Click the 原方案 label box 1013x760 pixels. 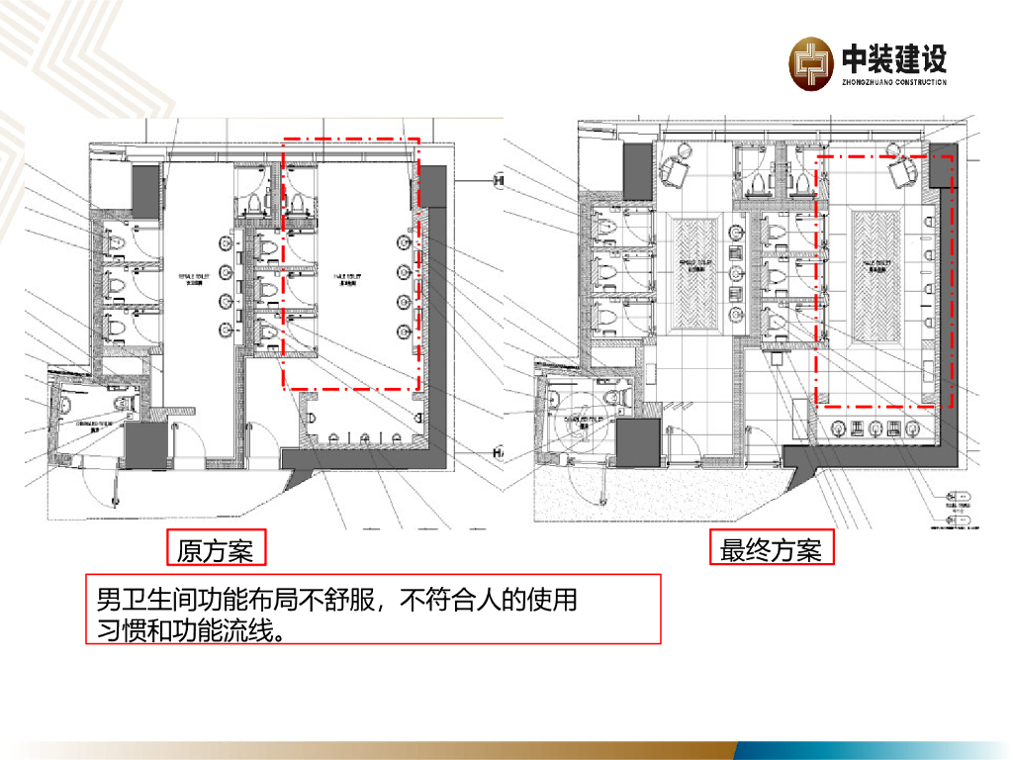(x=216, y=550)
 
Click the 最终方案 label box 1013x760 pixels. (x=771, y=550)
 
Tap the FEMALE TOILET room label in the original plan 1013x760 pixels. (x=192, y=279)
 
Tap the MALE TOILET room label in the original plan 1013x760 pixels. (x=351, y=279)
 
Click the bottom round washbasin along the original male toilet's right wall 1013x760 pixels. (x=404, y=332)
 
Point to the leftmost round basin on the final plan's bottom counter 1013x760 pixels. (x=839, y=427)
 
